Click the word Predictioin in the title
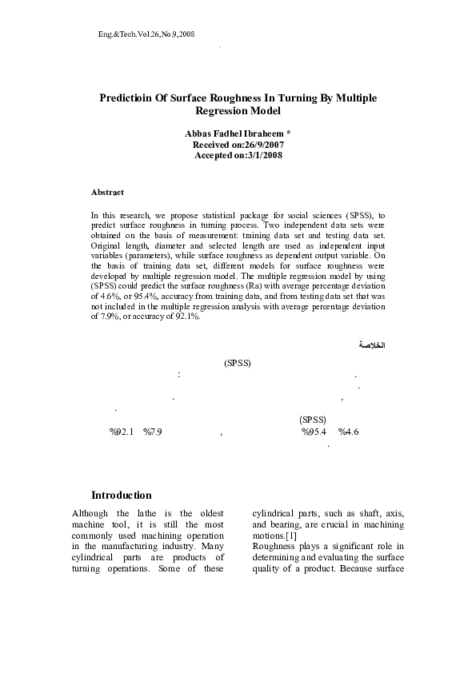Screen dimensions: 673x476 click(x=126, y=98)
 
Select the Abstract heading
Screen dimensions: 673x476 click(x=107, y=192)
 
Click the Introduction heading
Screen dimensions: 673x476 click(x=122, y=495)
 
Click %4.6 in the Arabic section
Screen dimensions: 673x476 click(x=349, y=432)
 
